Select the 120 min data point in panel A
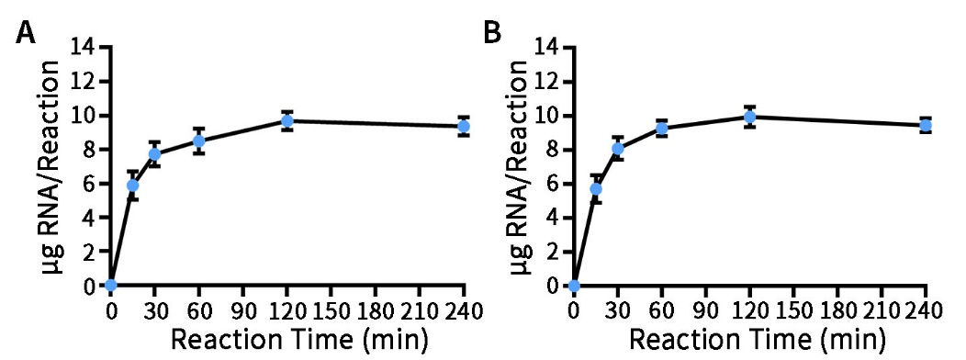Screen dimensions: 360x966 pyautogui.click(x=287, y=120)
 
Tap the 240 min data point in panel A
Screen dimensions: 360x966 pyautogui.click(x=465, y=126)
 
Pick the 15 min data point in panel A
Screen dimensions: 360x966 pyautogui.click(x=133, y=185)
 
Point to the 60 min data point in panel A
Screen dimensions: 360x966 pyautogui.click(x=199, y=141)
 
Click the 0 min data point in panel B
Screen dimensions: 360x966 pyautogui.click(x=574, y=286)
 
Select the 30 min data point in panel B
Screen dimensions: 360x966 pyautogui.click(x=618, y=148)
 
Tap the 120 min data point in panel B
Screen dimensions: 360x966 pyautogui.click(x=750, y=117)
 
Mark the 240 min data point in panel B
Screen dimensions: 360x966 pyautogui.click(x=927, y=125)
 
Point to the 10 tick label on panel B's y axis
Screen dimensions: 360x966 pyautogui.click(x=548, y=116)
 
